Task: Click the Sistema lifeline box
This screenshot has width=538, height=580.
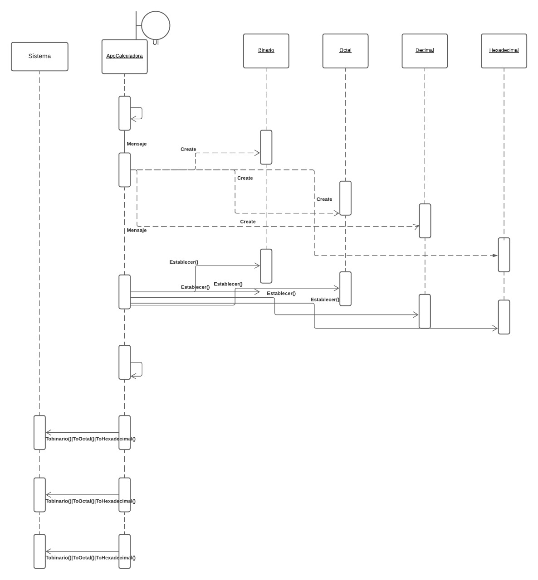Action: tap(39, 57)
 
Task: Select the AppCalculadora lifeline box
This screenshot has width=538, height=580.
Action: tap(124, 57)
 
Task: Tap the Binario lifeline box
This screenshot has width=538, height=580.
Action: tap(266, 51)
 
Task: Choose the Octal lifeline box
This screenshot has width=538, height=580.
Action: tap(345, 51)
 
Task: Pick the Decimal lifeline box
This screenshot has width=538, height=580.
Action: tap(425, 51)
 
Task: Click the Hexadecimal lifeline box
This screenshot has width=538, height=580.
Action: tap(504, 51)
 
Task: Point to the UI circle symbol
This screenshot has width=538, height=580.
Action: tap(156, 26)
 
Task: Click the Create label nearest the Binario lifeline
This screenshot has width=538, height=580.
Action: tap(188, 149)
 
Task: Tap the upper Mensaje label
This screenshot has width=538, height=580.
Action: tap(137, 144)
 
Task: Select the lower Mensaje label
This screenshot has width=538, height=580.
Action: tap(137, 230)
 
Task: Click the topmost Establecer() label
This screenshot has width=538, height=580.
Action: tap(184, 262)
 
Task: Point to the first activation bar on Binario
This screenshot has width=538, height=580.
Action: tap(266, 147)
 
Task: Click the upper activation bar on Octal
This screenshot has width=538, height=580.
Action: tap(345, 198)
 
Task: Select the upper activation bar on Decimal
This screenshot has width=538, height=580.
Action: tap(425, 221)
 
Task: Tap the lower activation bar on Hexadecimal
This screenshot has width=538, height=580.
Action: tap(504, 317)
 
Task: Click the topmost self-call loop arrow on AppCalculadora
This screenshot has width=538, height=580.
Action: tap(137, 113)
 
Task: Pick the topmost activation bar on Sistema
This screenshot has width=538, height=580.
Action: tap(39, 432)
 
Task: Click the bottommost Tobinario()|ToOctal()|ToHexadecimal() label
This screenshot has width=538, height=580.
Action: tap(91, 558)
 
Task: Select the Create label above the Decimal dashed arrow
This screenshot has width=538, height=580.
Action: tap(248, 222)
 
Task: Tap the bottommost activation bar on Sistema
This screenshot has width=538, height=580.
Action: tap(39, 551)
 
